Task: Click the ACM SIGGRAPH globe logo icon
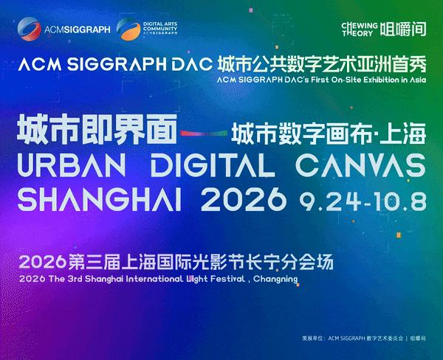click(x=29, y=29)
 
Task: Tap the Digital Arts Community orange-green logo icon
click(x=128, y=29)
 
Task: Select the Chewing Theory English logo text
click(x=360, y=30)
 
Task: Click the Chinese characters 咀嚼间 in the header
click(x=403, y=30)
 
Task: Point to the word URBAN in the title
click(x=72, y=165)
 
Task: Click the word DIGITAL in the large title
click(x=213, y=165)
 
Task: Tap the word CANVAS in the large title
click(x=361, y=165)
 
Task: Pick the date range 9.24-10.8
click(x=363, y=201)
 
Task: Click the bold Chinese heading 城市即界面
click(x=97, y=130)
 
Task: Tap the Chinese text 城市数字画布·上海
click(x=329, y=134)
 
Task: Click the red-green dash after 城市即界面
click(x=204, y=133)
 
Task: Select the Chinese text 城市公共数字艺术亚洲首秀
click(x=322, y=64)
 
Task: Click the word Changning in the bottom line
click(x=275, y=279)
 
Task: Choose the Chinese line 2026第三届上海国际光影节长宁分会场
click(x=176, y=262)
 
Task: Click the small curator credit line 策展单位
click(x=364, y=338)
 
